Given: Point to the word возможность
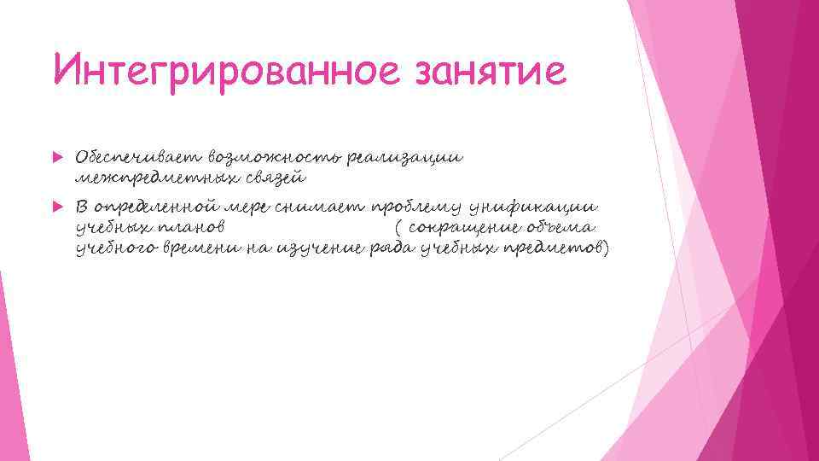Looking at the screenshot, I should click(277, 158).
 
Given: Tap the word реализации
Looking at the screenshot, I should click(413, 158).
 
